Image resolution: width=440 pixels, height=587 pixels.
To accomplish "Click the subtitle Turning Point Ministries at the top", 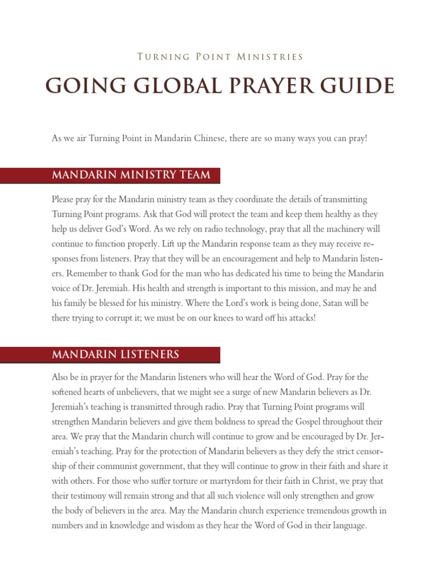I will click(x=220, y=57).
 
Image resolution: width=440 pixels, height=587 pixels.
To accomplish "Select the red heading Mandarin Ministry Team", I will click(x=131, y=175).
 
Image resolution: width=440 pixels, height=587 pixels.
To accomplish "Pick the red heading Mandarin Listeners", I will click(x=116, y=354).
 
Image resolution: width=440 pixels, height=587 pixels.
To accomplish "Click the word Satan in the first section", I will click(x=335, y=303).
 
